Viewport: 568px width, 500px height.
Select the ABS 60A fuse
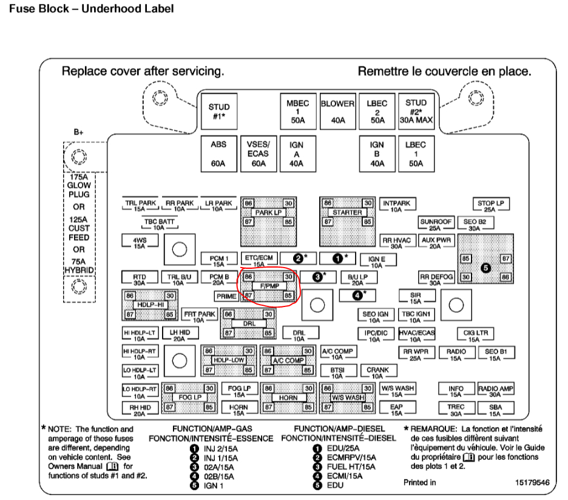[218, 154]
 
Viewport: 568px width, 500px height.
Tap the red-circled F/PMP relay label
[268, 286]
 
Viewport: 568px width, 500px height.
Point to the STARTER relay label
[347, 212]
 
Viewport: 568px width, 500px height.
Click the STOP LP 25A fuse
[490, 205]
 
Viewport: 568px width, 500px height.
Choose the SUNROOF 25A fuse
[436, 225]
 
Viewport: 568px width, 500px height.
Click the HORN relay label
[284, 397]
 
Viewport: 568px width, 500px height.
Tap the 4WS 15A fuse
[140, 242]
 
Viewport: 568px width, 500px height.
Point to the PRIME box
[226, 296]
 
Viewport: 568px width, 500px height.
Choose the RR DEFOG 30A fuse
[436, 279]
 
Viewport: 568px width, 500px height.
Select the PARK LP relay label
[268, 212]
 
